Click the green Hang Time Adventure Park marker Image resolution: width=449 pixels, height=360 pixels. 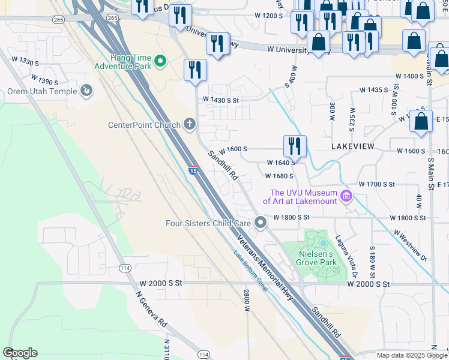click(160, 61)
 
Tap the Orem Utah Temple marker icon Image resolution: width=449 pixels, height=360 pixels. click(86, 91)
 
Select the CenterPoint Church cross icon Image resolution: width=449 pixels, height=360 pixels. click(190, 124)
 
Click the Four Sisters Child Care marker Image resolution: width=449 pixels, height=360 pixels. click(260, 223)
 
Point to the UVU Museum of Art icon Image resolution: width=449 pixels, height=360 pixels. click(345, 196)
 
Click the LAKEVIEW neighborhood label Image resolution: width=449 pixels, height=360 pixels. click(352, 146)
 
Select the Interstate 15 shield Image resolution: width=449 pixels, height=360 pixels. click(193, 171)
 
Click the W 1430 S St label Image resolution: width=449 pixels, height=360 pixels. click(221, 99)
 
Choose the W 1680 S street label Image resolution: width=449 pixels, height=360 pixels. click(279, 176)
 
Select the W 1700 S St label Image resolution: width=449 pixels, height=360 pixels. click(376, 184)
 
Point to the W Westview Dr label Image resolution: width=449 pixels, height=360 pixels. click(409, 245)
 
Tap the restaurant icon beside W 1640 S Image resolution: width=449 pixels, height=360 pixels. click(295, 146)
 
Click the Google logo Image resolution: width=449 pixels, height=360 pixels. click(20, 353)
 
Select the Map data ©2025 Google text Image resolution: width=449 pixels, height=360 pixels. click(411, 355)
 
